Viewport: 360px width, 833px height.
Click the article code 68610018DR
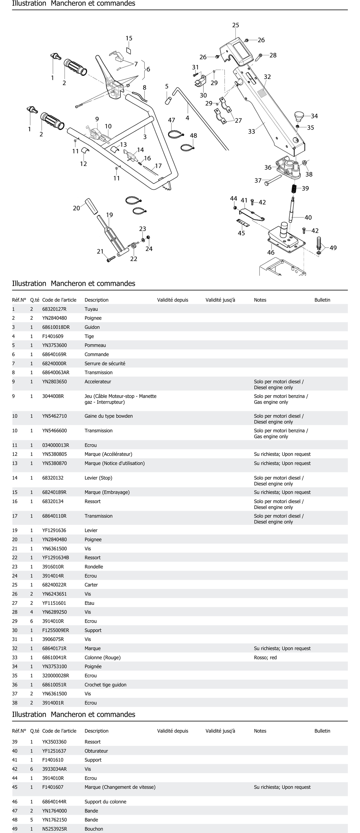click(56, 327)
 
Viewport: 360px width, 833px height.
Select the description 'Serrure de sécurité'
click(105, 363)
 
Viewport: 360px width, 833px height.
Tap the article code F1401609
click(53, 336)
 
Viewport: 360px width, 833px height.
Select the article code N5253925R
click(55, 828)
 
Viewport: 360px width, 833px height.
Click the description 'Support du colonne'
click(105, 801)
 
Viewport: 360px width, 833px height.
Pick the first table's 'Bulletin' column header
click(322, 300)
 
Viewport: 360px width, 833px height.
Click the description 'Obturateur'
click(96, 751)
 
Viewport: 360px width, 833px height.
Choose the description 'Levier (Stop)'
click(98, 478)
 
